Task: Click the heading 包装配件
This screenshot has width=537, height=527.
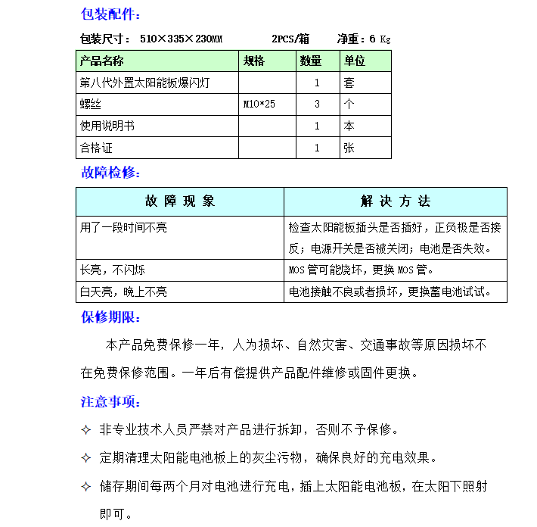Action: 110,14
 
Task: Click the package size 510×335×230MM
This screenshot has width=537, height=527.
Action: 181,39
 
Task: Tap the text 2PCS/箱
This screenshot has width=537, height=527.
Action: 290,39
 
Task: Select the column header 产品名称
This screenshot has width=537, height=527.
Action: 102,61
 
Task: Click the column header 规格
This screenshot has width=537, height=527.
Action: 254,61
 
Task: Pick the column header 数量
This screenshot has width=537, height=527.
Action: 311,61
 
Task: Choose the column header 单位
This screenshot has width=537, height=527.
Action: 355,61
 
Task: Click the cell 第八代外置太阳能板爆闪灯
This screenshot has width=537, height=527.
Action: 144,83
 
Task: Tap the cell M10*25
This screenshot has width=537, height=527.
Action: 259,104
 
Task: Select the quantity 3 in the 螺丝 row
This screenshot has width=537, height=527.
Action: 317,104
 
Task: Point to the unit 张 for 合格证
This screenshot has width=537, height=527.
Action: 349,148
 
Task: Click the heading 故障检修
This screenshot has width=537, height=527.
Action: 110,173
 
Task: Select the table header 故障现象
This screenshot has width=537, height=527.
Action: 180,201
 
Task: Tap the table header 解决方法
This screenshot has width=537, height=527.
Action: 395,201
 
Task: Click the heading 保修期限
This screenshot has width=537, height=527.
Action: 110,317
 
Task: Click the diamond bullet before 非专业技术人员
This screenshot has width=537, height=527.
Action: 86,430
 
